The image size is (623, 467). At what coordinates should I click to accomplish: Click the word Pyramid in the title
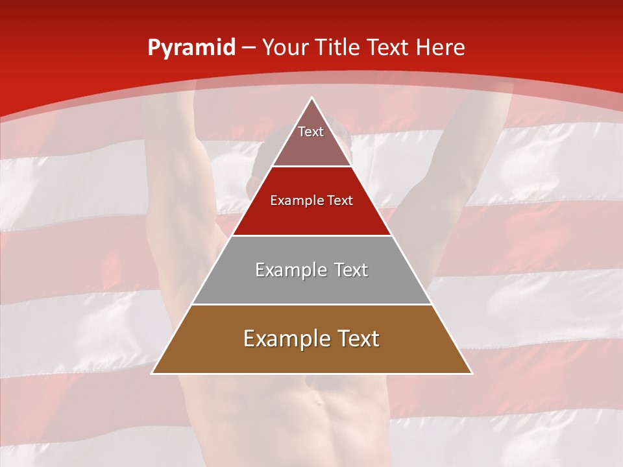click(x=191, y=48)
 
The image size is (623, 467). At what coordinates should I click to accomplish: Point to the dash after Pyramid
click(x=249, y=48)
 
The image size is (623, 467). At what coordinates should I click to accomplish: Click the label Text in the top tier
click(x=311, y=132)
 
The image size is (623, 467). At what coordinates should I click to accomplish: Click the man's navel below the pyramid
click(x=317, y=400)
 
